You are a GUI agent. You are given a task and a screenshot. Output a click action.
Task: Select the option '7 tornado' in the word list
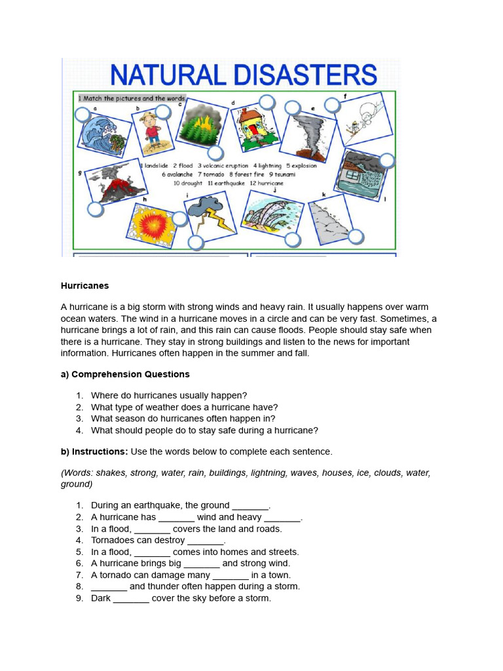210,174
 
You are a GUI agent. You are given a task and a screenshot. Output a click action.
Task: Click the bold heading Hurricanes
85,286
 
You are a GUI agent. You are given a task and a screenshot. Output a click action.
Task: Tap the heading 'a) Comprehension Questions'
125,374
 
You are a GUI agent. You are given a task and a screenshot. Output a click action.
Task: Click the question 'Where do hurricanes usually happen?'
169,395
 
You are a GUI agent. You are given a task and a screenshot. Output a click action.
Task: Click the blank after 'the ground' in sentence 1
250,506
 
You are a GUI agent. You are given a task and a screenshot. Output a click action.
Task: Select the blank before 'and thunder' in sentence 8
109,587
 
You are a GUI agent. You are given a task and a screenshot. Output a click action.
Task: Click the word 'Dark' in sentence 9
101,598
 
